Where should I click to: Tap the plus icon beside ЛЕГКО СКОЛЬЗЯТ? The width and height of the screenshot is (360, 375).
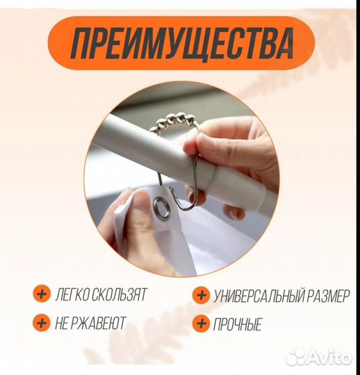[x=42, y=294]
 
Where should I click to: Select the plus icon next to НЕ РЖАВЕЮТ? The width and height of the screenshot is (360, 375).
[x=42, y=322]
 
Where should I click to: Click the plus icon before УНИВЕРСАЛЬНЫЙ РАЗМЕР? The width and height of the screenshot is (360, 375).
[x=202, y=295]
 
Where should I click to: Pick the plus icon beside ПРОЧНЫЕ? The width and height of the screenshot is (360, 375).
[x=202, y=323]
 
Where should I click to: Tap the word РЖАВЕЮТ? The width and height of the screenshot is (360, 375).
[x=104, y=323]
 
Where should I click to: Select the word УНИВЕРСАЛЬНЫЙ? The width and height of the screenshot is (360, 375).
[x=259, y=296]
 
